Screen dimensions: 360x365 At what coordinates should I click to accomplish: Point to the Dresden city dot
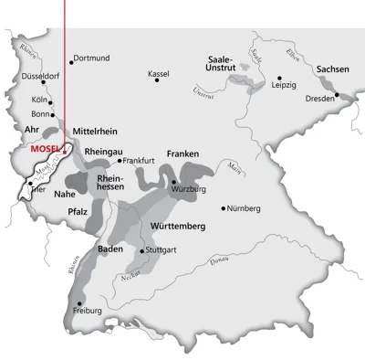[x=336, y=94]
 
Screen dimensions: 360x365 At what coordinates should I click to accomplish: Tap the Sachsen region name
[x=334, y=69]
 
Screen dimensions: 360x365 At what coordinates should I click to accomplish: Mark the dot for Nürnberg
[x=224, y=208]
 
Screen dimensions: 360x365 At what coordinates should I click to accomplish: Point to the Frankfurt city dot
[x=120, y=160]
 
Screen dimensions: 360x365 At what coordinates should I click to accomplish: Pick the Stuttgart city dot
[x=141, y=249]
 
